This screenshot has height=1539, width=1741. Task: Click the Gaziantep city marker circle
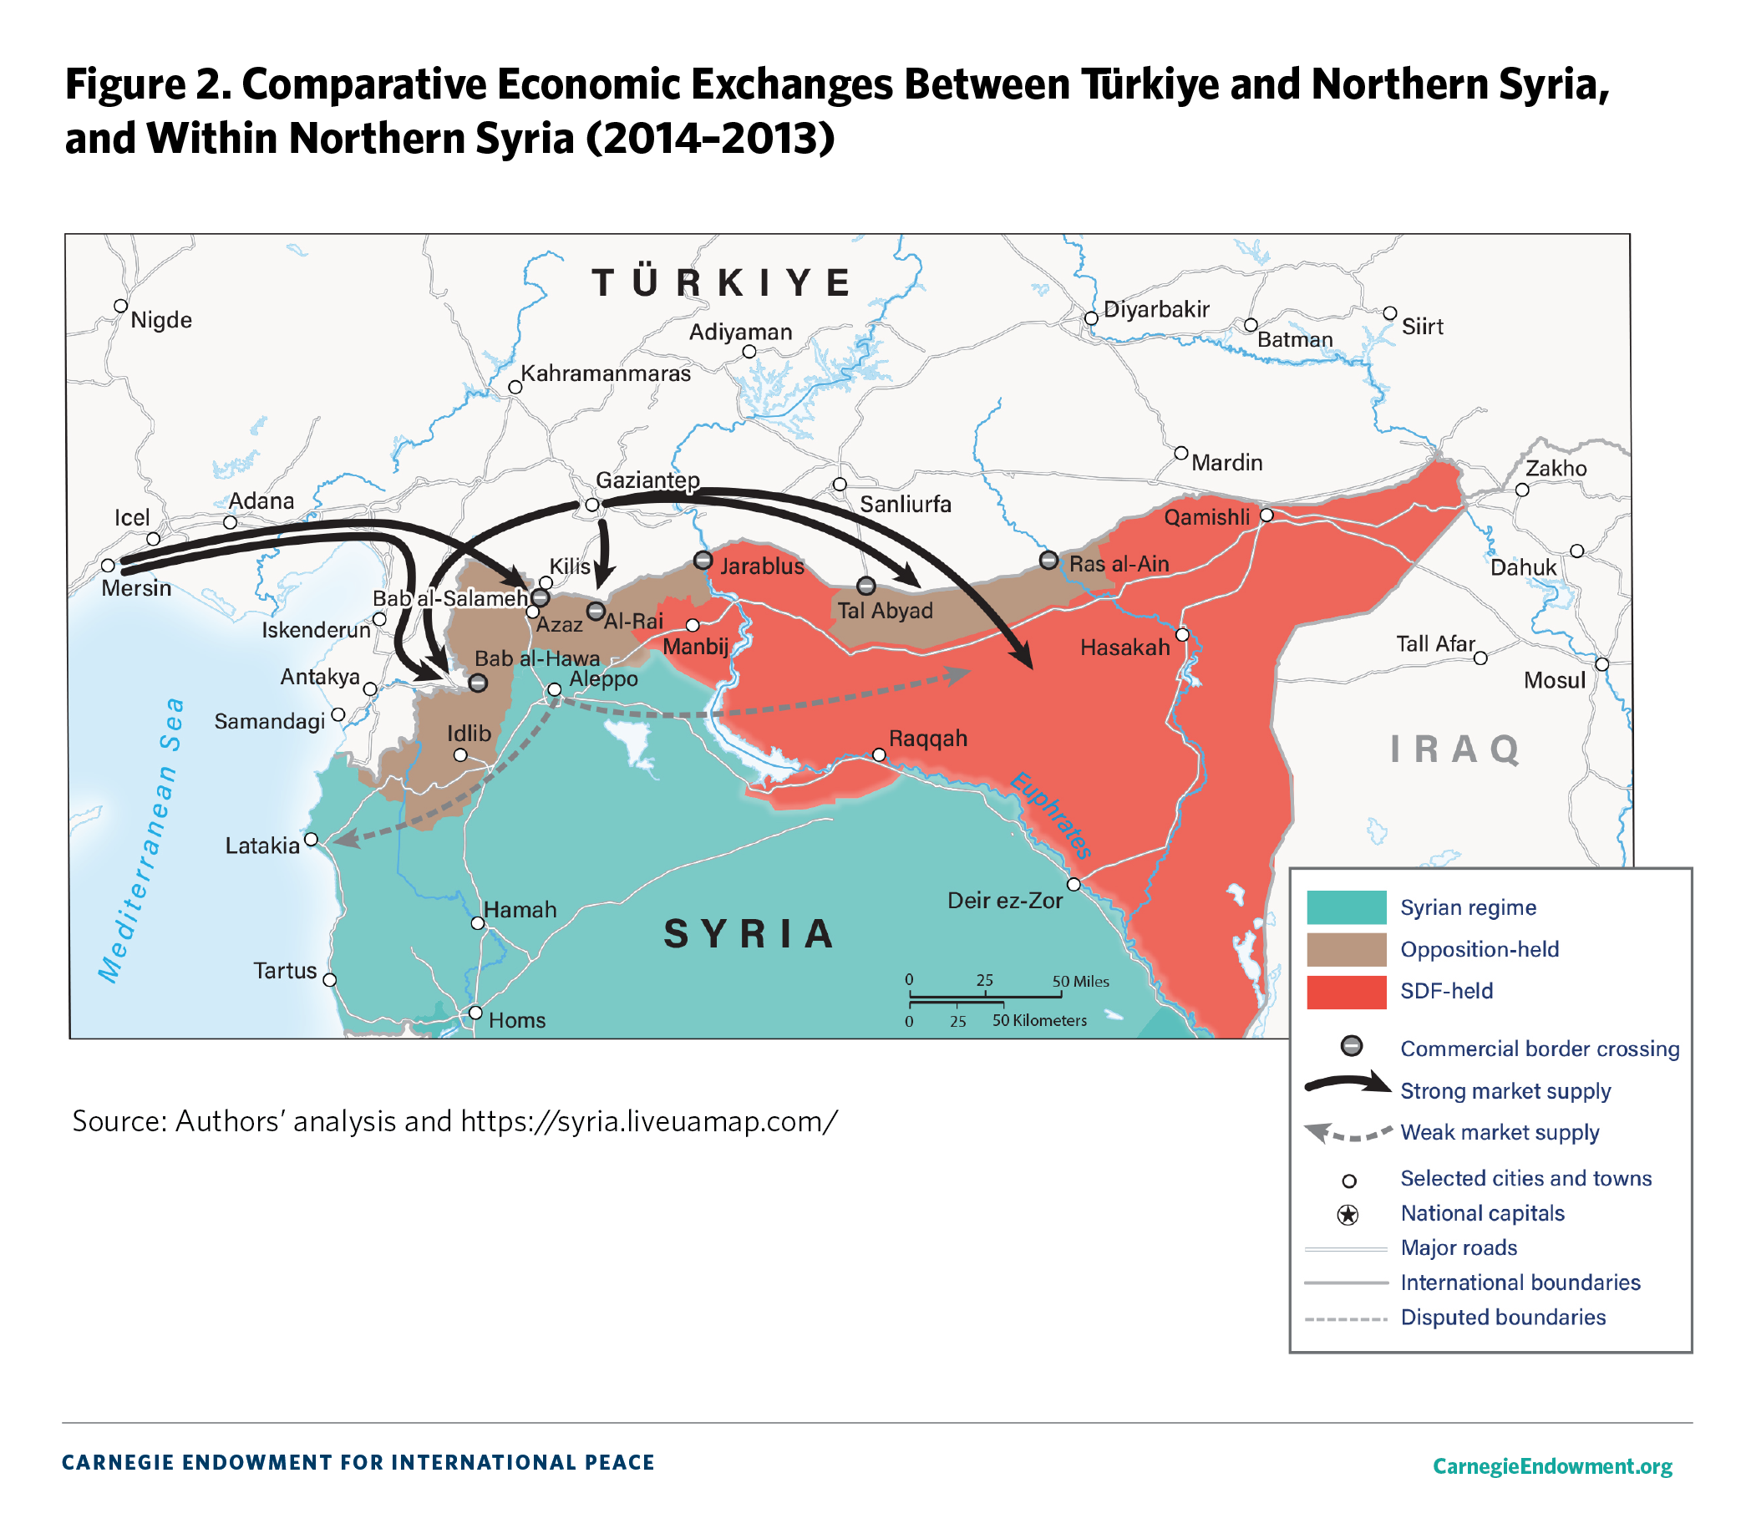tap(592, 505)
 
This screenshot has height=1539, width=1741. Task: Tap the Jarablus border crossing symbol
tap(703, 561)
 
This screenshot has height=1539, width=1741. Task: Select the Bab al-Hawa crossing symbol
tap(478, 683)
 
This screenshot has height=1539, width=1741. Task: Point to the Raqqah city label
tap(927, 739)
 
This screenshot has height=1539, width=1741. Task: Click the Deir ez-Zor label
tap(1005, 901)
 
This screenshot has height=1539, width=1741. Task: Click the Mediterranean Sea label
tap(140, 840)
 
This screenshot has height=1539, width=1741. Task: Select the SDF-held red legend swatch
tap(1346, 993)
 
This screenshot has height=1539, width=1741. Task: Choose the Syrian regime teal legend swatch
tap(1346, 907)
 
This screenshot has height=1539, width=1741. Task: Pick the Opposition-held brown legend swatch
tap(1346, 950)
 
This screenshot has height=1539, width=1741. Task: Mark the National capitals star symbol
tap(1348, 1215)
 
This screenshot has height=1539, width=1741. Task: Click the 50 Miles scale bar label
tap(1080, 982)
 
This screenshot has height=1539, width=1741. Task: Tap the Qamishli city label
tap(1207, 518)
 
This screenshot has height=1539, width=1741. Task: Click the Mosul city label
tap(1555, 680)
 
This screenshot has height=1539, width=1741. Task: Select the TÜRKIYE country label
tap(723, 282)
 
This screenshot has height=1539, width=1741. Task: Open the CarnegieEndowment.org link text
tap(1552, 1465)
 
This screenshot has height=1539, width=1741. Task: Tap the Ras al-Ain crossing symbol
tap(1048, 561)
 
